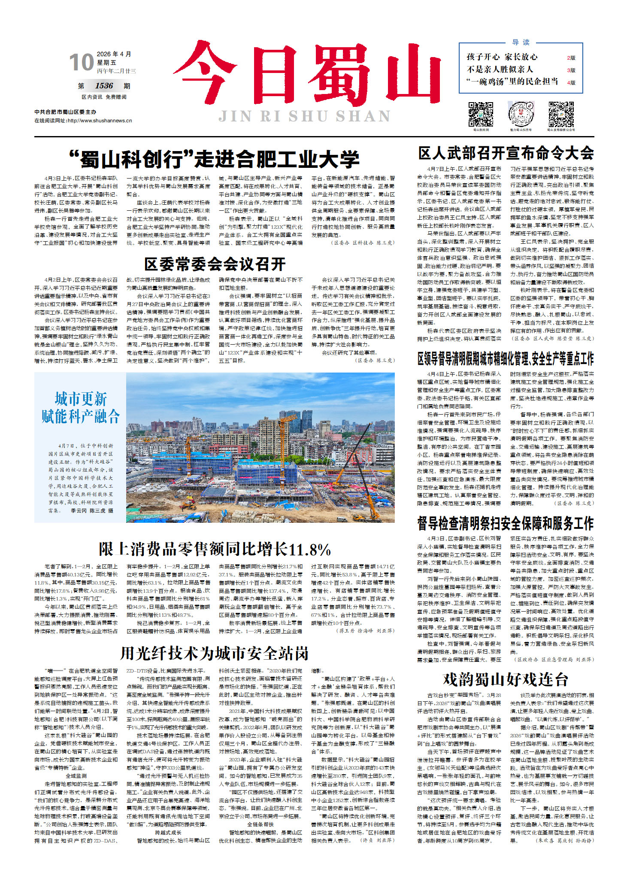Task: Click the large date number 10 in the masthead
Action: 82,62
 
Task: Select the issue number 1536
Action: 104,86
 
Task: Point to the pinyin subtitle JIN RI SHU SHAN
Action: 305,116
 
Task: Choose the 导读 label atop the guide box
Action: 521,42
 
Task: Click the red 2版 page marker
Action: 571,58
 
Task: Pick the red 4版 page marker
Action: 571,82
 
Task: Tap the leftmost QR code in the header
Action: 481,114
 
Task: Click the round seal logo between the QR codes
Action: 521,114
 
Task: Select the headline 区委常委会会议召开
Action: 215,264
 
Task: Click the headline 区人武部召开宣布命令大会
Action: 506,153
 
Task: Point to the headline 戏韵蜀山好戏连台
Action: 506,679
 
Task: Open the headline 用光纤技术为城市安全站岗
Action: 215,654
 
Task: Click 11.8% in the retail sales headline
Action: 309,550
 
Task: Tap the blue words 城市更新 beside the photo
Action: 81,399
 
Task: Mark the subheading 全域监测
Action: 76,776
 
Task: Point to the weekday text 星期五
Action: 106,63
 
